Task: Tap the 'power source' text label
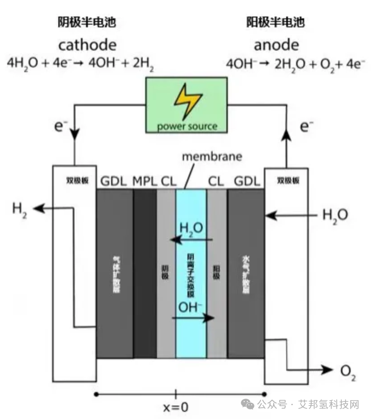[x=187, y=126]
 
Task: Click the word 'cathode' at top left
[x=87, y=45]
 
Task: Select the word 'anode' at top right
[x=276, y=45]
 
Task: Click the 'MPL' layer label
[x=144, y=181]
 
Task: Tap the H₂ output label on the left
[x=19, y=210]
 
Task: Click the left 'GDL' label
[x=114, y=181]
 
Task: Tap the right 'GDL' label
[x=247, y=181]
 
